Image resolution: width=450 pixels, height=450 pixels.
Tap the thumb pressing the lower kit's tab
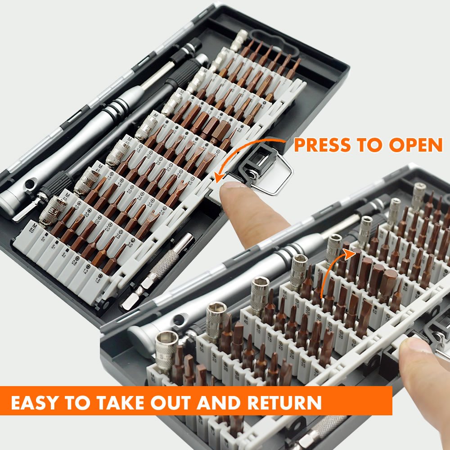pyautogui.click(x=416, y=349)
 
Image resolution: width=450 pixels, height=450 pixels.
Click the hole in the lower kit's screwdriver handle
pyautogui.click(x=180, y=320)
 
